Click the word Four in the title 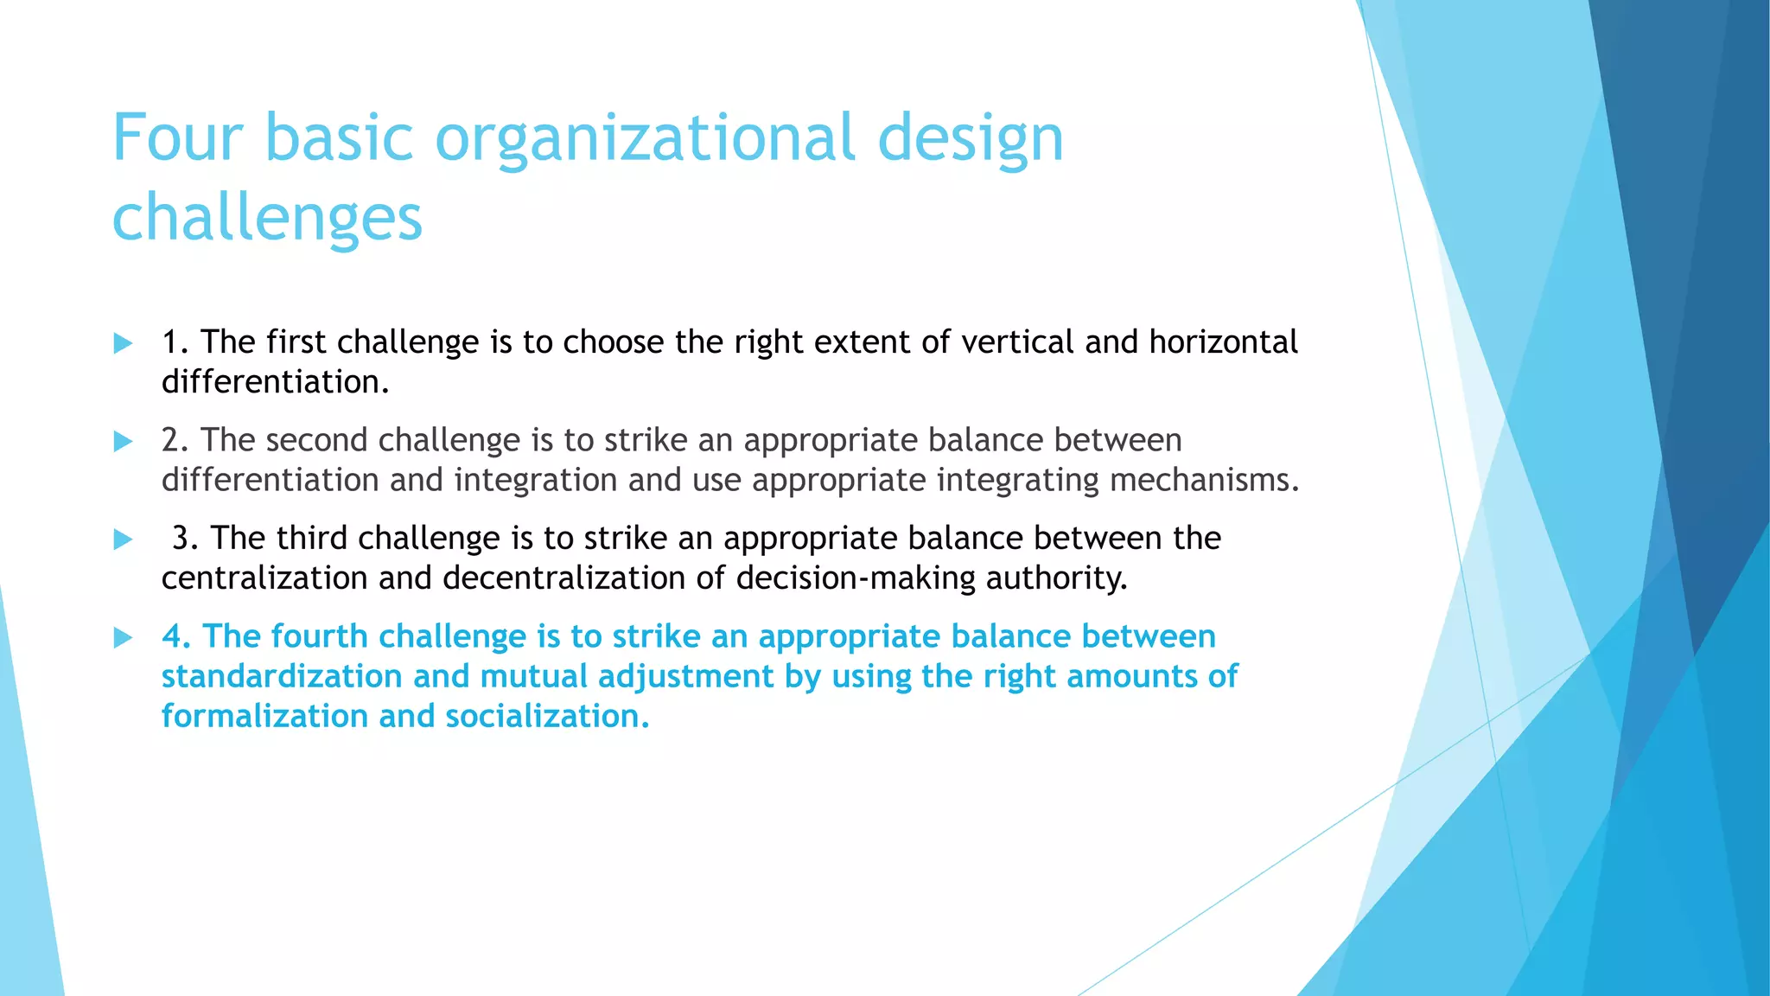[x=177, y=138]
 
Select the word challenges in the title [x=267, y=218]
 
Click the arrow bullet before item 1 [x=123, y=343]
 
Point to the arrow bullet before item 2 [x=123, y=442]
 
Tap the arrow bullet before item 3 [x=123, y=539]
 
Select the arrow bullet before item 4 [x=123, y=638]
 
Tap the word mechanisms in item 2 [x=1204, y=480]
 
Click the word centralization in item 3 [x=264, y=578]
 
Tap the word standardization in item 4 [x=282, y=676]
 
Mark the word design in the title [x=970, y=138]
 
